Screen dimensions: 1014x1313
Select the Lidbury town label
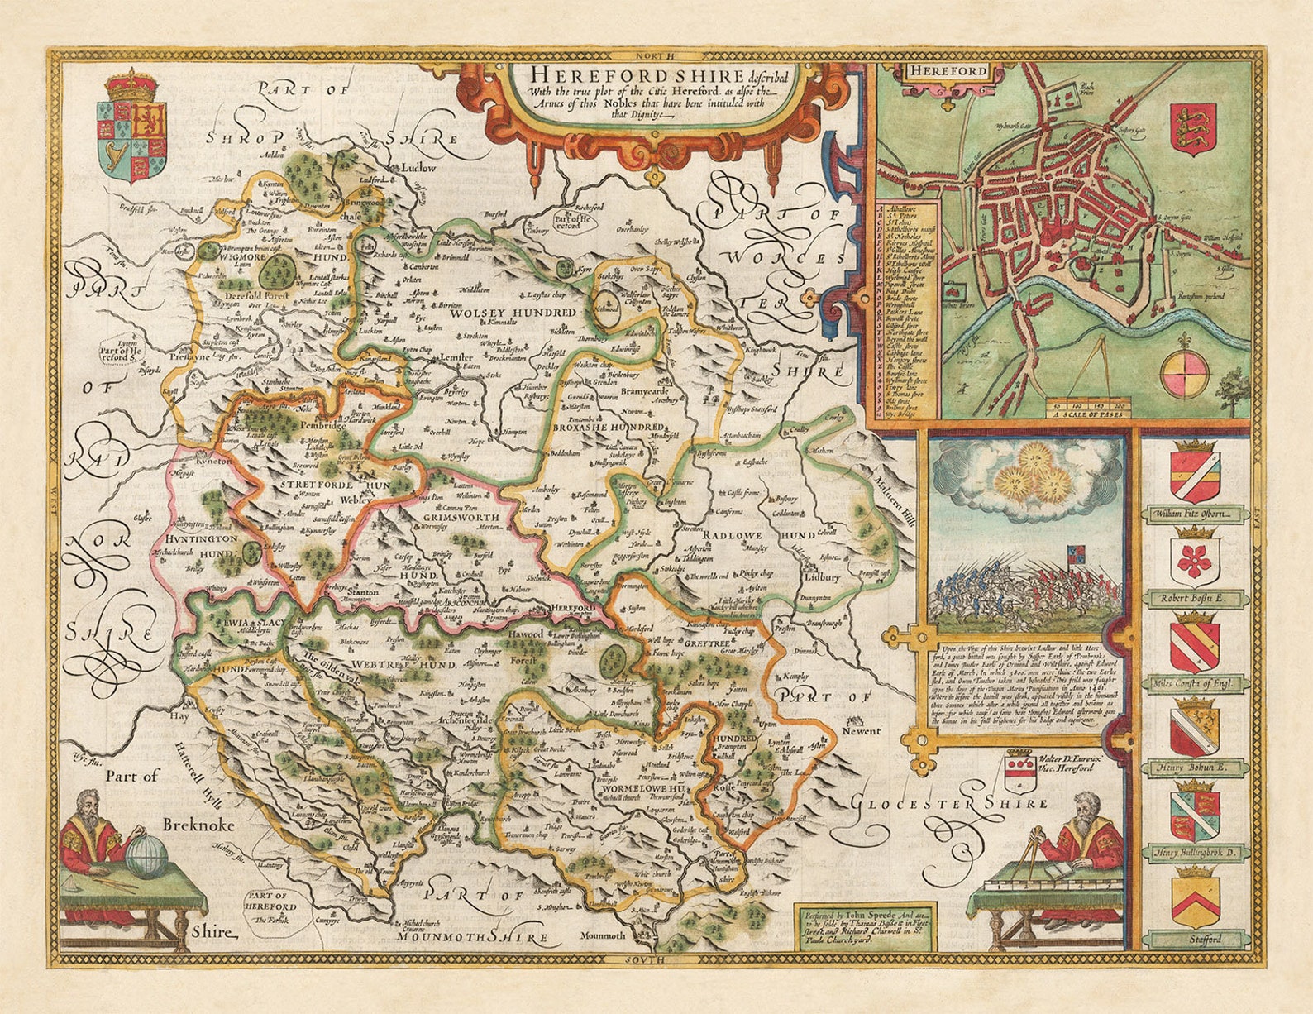[821, 577]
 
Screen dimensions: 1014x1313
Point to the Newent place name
[862, 731]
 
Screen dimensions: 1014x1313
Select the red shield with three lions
[1193, 127]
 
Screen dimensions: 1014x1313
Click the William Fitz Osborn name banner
[1194, 514]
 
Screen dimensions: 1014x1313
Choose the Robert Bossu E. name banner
[1194, 595]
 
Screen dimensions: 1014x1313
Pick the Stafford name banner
[1194, 940]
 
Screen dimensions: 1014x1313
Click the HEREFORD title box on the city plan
[949, 70]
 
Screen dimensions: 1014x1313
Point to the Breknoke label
[198, 825]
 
